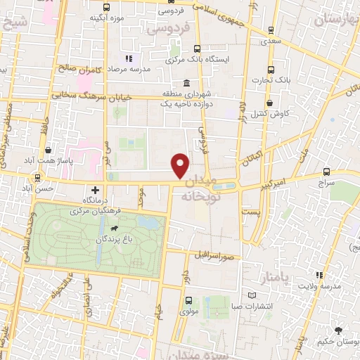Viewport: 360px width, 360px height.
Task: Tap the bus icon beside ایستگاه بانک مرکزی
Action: coord(196,49)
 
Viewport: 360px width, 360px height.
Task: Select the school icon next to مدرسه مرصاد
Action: coord(128,58)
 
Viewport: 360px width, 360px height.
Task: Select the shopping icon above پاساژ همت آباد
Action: coord(47,150)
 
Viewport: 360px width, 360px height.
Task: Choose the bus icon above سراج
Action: coord(326,171)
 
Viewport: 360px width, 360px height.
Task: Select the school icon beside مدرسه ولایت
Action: coord(319,274)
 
